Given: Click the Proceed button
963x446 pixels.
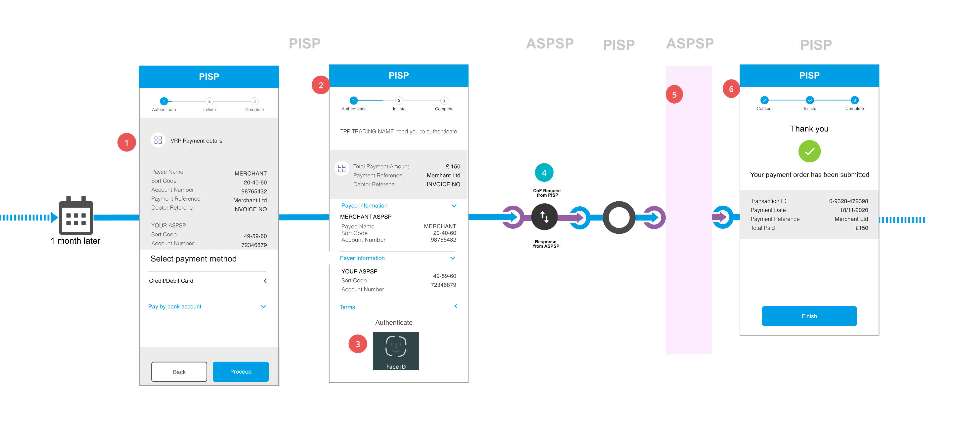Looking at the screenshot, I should click(x=240, y=372).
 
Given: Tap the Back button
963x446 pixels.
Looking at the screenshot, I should click(x=179, y=372).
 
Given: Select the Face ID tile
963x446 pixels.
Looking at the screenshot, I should click(x=396, y=351).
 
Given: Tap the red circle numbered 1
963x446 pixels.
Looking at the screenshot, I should click(x=126, y=142).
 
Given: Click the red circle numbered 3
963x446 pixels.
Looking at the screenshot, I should click(x=357, y=344).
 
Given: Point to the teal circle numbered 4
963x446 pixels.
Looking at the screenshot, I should click(x=544, y=173).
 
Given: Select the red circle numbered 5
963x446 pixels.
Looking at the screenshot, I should click(x=674, y=95).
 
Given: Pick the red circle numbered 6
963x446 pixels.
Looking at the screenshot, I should click(x=731, y=89).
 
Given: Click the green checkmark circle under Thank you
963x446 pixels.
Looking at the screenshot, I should click(x=809, y=151).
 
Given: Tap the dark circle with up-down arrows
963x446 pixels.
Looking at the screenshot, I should click(x=544, y=217).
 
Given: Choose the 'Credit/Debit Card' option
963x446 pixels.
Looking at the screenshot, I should click(x=171, y=281).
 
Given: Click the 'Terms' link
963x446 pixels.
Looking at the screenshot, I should click(x=347, y=307).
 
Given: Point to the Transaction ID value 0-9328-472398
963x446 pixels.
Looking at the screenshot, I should click(x=848, y=201).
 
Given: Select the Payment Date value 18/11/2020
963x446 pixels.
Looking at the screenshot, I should click(x=854, y=210).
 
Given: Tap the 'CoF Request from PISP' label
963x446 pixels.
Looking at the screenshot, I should click(x=546, y=193).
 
